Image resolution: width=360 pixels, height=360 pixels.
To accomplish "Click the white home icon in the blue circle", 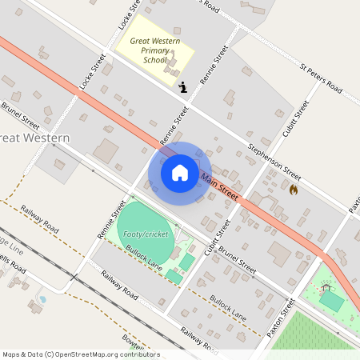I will [x=180, y=172].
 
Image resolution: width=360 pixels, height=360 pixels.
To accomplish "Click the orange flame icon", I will [x=293, y=190].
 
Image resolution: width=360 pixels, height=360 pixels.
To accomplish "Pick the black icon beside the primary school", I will [x=183, y=87].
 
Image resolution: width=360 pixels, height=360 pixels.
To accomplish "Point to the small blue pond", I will [x=42, y=299].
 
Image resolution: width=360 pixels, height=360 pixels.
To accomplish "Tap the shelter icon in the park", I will [x=326, y=286].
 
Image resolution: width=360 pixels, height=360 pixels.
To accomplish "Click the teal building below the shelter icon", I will [x=331, y=302].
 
